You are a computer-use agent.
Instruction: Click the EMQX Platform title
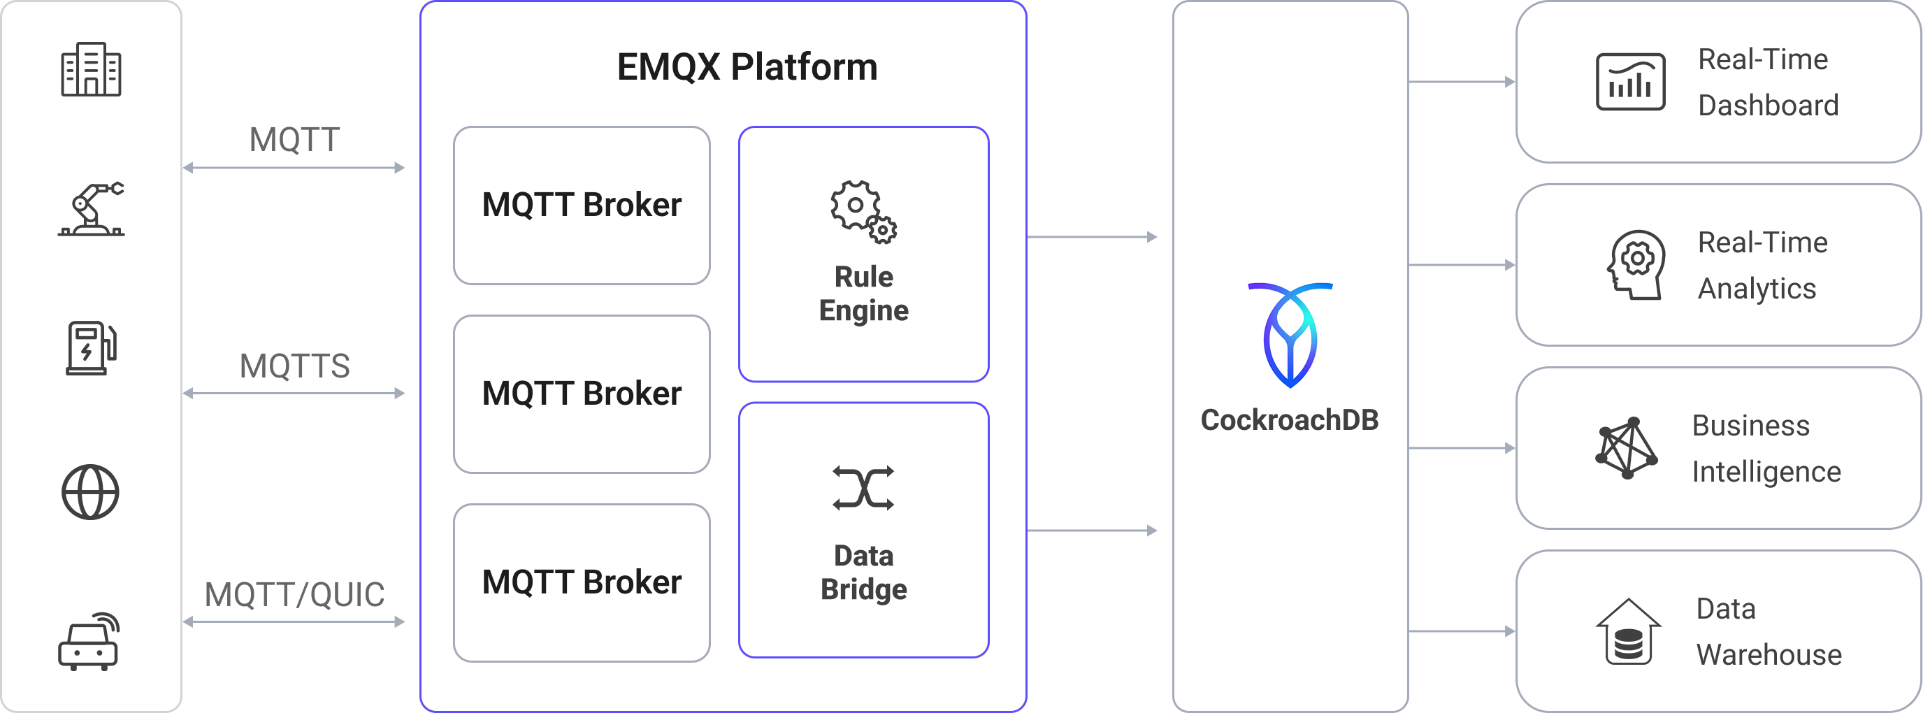pyautogui.click(x=747, y=67)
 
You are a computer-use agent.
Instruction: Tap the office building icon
pyautogui.click(x=90, y=69)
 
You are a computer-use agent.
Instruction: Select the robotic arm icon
pyautogui.click(x=92, y=209)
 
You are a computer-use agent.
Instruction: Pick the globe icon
pyautogui.click(x=90, y=492)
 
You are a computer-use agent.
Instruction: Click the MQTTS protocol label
pyautogui.click(x=294, y=366)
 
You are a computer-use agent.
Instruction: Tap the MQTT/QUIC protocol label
pyautogui.click(x=294, y=595)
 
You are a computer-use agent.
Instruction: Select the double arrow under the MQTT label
pyautogui.click(x=294, y=168)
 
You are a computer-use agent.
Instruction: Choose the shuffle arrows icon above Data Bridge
pyautogui.click(x=863, y=489)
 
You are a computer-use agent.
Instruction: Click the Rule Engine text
pyautogui.click(x=864, y=294)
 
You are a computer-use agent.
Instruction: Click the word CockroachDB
pyautogui.click(x=1289, y=420)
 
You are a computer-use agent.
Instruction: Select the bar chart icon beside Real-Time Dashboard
pyautogui.click(x=1630, y=81)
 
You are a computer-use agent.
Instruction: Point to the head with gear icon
pyautogui.click(x=1636, y=265)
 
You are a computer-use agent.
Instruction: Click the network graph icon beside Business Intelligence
pyautogui.click(x=1627, y=448)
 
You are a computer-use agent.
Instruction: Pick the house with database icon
pyautogui.click(x=1628, y=632)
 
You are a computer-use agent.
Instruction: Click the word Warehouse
pyautogui.click(x=1769, y=655)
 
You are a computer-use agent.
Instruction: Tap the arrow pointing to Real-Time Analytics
pyautogui.click(x=1462, y=265)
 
